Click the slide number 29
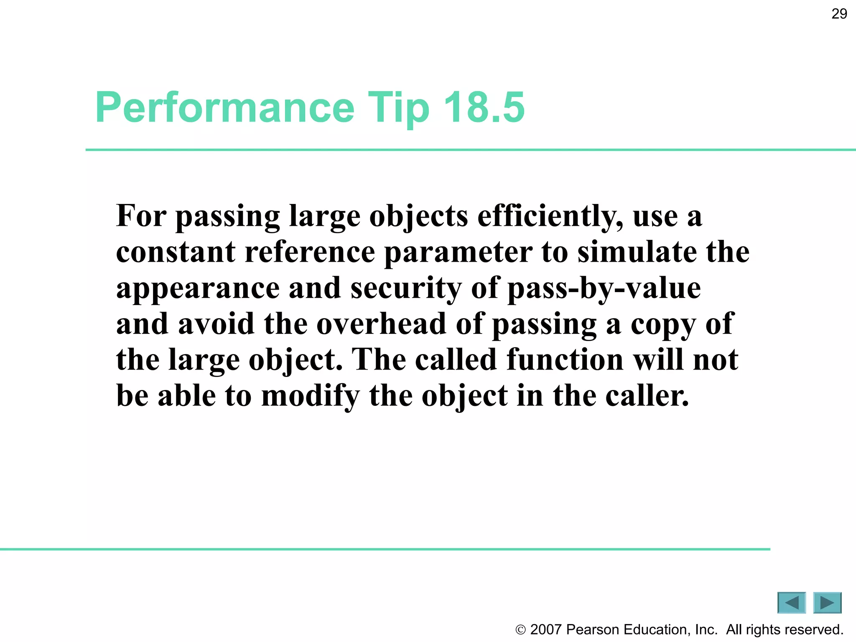[x=839, y=14]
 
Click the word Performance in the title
[x=225, y=107]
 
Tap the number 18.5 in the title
[x=484, y=107]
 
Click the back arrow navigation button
[x=791, y=603]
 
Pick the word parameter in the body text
[x=458, y=253]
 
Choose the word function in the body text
[x=565, y=359]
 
